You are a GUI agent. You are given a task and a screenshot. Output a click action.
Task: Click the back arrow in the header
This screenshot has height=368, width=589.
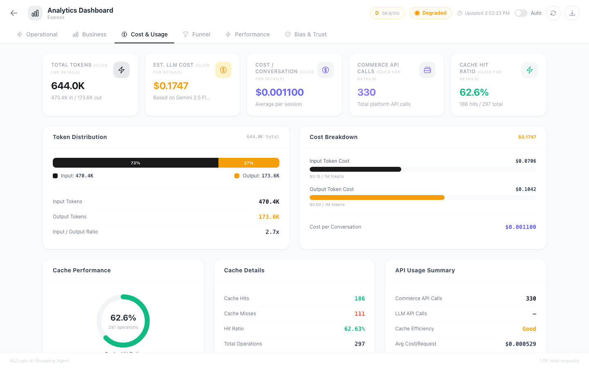(14, 13)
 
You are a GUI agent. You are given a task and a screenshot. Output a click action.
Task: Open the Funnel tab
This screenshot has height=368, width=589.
(197, 34)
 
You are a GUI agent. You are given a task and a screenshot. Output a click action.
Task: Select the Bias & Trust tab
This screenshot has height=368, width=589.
(306, 34)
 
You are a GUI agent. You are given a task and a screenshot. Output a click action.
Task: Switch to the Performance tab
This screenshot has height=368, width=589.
(247, 34)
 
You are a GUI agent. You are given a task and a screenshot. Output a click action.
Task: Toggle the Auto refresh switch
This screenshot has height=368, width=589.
(521, 13)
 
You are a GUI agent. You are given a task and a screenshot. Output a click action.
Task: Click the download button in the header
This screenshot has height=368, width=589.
(572, 13)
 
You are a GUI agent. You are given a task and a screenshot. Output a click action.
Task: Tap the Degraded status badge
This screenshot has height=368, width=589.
(430, 13)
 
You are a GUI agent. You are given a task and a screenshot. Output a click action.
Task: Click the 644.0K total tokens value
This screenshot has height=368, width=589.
(68, 86)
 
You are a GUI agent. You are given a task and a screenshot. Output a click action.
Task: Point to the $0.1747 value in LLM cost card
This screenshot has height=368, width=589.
(171, 86)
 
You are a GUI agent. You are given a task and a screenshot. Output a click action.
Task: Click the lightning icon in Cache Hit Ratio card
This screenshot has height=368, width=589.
(529, 70)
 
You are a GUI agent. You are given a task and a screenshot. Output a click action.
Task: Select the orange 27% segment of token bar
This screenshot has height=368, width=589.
(249, 163)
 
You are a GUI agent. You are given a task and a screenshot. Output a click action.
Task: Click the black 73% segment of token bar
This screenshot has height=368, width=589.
(135, 163)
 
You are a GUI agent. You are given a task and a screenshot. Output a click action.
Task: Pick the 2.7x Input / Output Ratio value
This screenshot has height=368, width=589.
(272, 232)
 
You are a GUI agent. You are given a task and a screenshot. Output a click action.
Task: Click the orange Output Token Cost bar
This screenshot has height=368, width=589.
(377, 197)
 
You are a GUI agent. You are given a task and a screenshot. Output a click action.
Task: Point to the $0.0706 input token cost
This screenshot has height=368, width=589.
(526, 161)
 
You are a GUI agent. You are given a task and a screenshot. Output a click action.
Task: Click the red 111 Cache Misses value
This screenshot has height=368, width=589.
(360, 314)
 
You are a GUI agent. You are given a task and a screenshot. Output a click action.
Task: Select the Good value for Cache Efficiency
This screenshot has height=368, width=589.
(529, 329)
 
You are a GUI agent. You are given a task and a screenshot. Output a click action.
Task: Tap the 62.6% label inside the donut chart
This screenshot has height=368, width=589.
(123, 318)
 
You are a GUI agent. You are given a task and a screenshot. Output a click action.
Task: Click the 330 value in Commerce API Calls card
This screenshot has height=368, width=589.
(366, 92)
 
